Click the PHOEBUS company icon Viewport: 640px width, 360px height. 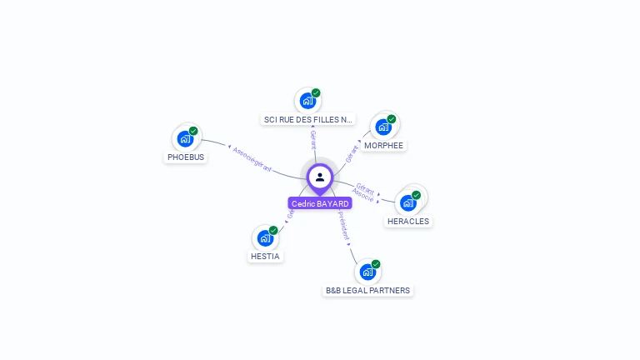coord(185,139)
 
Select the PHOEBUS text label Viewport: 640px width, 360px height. coord(185,157)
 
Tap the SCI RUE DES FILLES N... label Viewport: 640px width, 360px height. coord(308,119)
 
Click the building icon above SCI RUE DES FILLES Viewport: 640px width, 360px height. coord(307,102)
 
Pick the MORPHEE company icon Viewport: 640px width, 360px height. coord(382,127)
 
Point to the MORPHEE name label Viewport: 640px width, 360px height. coord(383,145)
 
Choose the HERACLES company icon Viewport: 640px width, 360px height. coord(407,202)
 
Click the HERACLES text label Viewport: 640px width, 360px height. coord(408,221)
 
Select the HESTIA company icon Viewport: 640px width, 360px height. coord(265,238)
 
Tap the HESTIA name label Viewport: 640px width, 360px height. coord(265,256)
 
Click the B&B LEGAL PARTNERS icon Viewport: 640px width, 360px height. coord(367,272)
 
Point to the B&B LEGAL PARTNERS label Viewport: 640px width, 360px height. coord(367,290)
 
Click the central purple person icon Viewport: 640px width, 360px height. coord(320,177)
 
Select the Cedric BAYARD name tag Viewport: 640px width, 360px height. coord(320,203)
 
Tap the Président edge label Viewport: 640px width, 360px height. coord(343,225)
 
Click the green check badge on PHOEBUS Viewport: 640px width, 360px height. coord(193,131)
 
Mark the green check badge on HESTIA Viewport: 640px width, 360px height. coord(273,230)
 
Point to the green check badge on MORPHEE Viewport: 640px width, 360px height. coord(391,118)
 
